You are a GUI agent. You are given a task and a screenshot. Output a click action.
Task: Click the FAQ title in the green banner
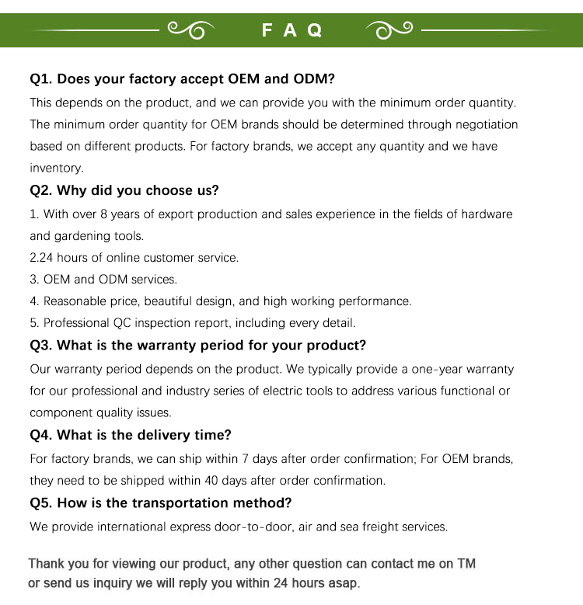[x=291, y=30]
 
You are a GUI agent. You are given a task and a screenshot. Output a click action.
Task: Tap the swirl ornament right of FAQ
[x=392, y=30]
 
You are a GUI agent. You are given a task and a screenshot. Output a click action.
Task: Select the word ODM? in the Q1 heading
[x=313, y=79]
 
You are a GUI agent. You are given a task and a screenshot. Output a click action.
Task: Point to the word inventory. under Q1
[x=56, y=168]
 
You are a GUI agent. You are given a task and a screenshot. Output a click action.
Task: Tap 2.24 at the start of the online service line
[x=41, y=257]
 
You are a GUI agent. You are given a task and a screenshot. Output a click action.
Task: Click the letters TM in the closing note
[x=466, y=563]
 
